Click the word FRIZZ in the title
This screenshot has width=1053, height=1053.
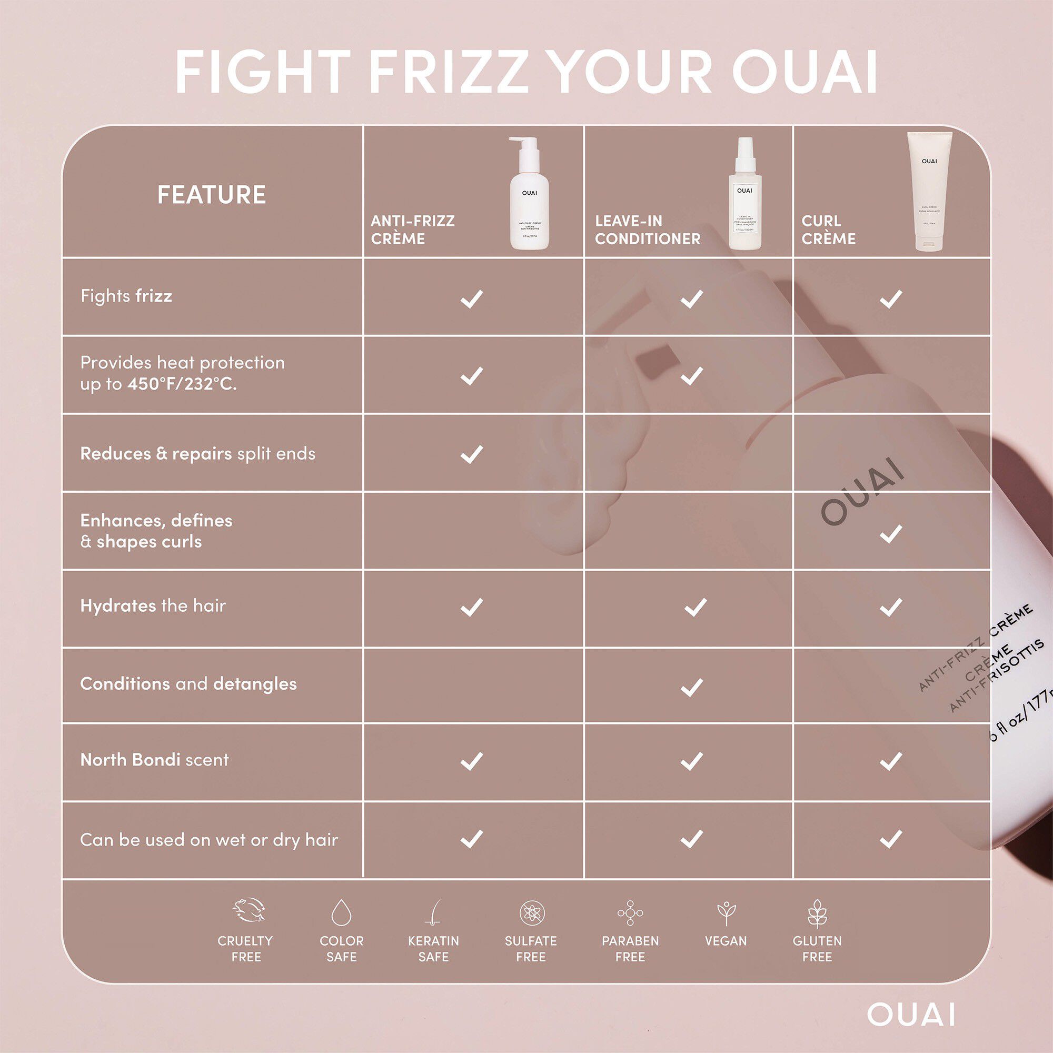[448, 73]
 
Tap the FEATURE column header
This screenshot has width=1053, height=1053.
[212, 195]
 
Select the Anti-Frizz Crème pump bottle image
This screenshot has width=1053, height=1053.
[529, 193]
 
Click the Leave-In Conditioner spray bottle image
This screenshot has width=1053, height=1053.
[744, 193]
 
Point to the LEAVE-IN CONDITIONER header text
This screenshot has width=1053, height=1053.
[648, 230]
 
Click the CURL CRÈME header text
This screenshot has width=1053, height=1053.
[828, 230]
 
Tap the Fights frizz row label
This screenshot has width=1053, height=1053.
[126, 296]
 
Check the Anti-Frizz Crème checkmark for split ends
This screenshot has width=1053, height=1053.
[471, 454]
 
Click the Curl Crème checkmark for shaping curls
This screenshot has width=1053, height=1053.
[891, 534]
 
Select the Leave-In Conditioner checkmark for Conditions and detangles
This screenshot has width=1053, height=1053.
[692, 687]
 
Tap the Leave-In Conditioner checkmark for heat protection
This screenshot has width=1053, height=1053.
[692, 375]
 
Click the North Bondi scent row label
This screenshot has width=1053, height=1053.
[154, 760]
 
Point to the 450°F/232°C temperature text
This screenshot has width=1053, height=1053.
[182, 384]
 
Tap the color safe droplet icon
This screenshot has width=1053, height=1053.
[341, 913]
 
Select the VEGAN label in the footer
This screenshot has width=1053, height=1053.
[726, 941]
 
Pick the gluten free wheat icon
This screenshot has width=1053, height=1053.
[817, 913]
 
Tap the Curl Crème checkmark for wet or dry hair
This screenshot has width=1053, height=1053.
[891, 839]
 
